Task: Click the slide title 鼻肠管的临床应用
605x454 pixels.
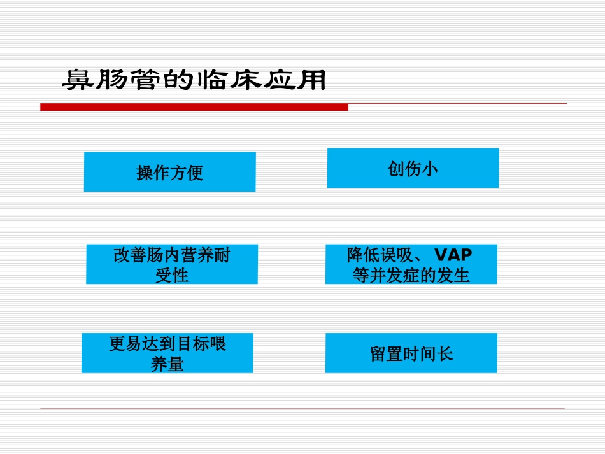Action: pyautogui.click(x=194, y=81)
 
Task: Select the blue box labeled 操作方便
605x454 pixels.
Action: pyautogui.click(x=169, y=171)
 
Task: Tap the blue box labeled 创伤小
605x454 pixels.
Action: pyautogui.click(x=413, y=168)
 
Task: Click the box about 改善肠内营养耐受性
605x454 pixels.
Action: pyautogui.click(x=172, y=264)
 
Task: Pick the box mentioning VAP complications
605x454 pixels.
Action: pyautogui.click(x=411, y=264)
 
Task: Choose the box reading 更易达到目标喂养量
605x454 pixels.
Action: pyautogui.click(x=167, y=353)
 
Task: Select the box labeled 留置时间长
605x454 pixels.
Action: pyautogui.click(x=411, y=353)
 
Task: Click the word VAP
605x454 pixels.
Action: pyautogui.click(x=453, y=255)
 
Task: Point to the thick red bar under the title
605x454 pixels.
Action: pyautogui.click(x=194, y=107)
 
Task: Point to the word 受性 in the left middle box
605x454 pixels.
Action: pyautogui.click(x=172, y=276)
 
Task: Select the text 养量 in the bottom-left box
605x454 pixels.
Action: pyautogui.click(x=167, y=364)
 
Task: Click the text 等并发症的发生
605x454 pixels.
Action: pyautogui.click(x=411, y=276)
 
